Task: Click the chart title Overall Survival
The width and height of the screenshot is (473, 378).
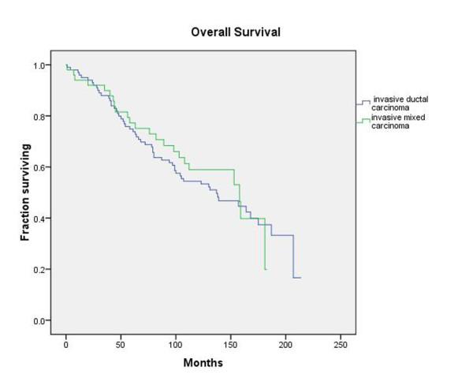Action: click(236, 32)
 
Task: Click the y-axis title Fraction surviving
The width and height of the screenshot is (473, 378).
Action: click(25, 192)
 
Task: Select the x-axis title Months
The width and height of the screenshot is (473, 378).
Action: click(203, 363)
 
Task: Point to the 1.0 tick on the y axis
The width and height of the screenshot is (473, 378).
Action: click(37, 65)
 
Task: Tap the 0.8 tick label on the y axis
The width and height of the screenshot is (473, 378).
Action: click(37, 117)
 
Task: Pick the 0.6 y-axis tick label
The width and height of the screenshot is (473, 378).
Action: click(37, 167)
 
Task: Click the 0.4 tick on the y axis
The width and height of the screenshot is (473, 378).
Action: click(37, 219)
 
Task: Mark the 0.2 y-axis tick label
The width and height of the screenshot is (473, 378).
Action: click(37, 270)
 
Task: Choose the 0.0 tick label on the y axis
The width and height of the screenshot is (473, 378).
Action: click(37, 320)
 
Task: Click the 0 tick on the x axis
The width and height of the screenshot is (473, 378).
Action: click(65, 345)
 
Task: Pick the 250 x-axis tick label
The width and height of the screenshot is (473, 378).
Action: click(340, 345)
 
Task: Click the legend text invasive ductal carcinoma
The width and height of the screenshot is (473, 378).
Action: click(400, 103)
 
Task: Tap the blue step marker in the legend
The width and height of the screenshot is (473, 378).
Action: click(363, 103)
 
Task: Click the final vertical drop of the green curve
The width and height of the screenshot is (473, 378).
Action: click(264, 245)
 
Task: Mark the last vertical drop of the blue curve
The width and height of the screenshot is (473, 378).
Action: click(294, 256)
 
